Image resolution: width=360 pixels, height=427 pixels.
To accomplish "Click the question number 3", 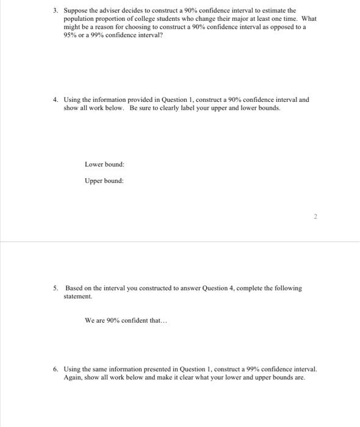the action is click(54, 10).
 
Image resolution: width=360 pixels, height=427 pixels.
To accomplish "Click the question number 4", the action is click(55, 99).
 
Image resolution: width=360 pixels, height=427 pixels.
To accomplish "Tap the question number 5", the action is click(55, 288).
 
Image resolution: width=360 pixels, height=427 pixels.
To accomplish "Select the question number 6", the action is click(55, 370).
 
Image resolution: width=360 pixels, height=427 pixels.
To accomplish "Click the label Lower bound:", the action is click(105, 165).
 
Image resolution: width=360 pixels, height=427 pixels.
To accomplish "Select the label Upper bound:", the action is click(105, 181).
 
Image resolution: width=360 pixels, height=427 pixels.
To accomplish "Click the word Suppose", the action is click(76, 10).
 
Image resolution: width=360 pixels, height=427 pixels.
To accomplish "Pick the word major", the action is click(230, 19).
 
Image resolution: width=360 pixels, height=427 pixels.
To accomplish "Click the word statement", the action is click(77, 296).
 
